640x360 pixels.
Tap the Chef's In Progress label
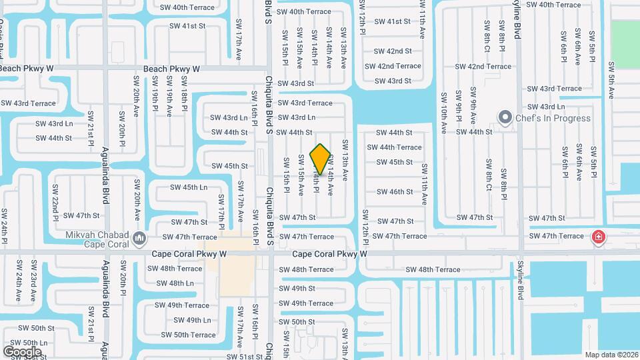(553, 118)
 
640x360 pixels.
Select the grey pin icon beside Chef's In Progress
(505, 118)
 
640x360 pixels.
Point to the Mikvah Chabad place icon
(139, 238)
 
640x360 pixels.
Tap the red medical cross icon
(598, 237)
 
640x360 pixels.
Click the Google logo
(22, 351)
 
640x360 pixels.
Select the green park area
(625, 44)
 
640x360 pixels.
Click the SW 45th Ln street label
(189, 187)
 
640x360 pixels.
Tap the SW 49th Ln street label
(189, 320)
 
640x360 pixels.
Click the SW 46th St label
(395, 192)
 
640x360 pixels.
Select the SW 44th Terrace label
(395, 147)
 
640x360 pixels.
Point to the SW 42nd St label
(393, 51)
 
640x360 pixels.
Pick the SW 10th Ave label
(443, 108)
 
